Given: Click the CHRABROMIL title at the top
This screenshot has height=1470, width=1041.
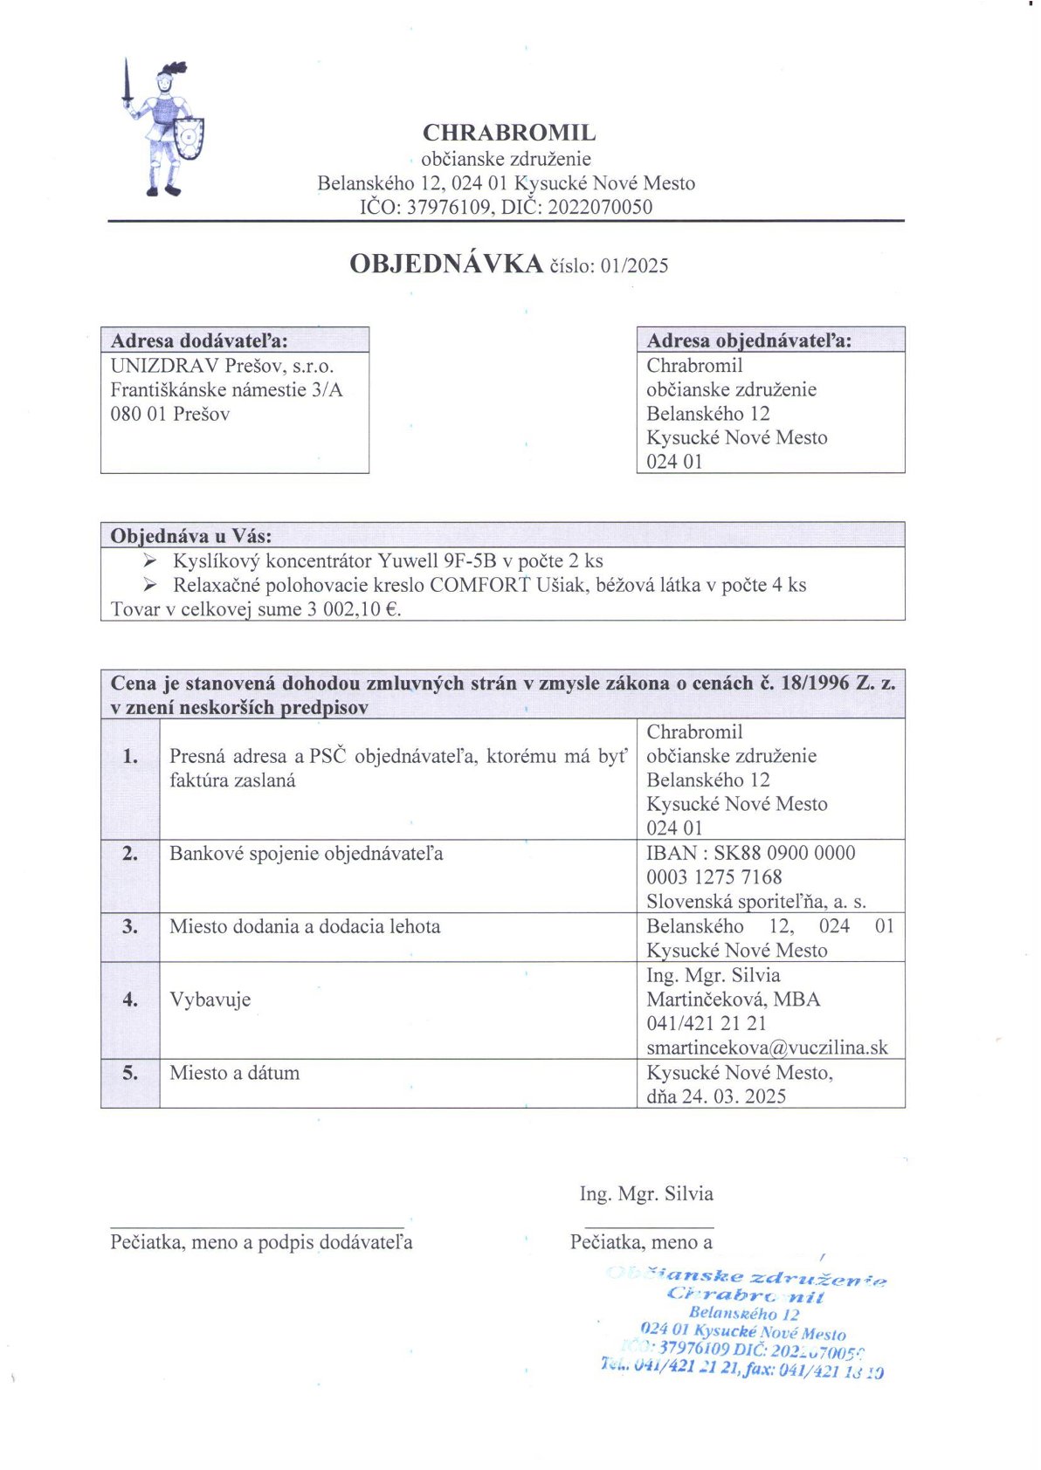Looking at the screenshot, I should pyautogui.click(x=509, y=133).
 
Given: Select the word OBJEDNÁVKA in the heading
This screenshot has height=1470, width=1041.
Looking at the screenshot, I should pyautogui.click(x=446, y=264).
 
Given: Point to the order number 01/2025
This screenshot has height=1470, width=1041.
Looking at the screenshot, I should pyautogui.click(x=634, y=265).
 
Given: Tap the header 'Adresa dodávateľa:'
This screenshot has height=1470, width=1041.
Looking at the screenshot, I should pyautogui.click(x=199, y=340).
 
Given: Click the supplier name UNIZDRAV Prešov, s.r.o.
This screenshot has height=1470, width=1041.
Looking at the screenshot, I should pyautogui.click(x=222, y=365).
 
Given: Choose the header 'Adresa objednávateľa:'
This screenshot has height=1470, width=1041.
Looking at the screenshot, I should pyautogui.click(x=749, y=340).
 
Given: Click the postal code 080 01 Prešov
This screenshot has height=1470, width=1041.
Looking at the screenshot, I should pyautogui.click(x=169, y=414).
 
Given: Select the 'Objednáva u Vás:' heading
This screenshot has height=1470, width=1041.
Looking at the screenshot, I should pyautogui.click(x=190, y=535).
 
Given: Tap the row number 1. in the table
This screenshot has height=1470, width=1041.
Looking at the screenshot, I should pyautogui.click(x=130, y=756).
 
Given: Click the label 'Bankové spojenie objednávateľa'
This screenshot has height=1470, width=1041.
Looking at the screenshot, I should pyautogui.click(x=306, y=853).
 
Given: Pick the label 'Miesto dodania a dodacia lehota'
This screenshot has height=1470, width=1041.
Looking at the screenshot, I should pyautogui.click(x=305, y=926).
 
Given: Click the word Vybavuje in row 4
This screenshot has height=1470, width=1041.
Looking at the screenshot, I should pyautogui.click(x=210, y=999).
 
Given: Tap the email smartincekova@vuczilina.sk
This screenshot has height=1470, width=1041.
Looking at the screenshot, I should pyautogui.click(x=767, y=1048).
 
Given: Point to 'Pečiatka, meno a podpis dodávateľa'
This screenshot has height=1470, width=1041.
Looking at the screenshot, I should pyautogui.click(x=261, y=1241).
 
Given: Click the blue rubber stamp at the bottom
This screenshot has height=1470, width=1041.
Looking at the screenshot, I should pyautogui.click(x=745, y=1323).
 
